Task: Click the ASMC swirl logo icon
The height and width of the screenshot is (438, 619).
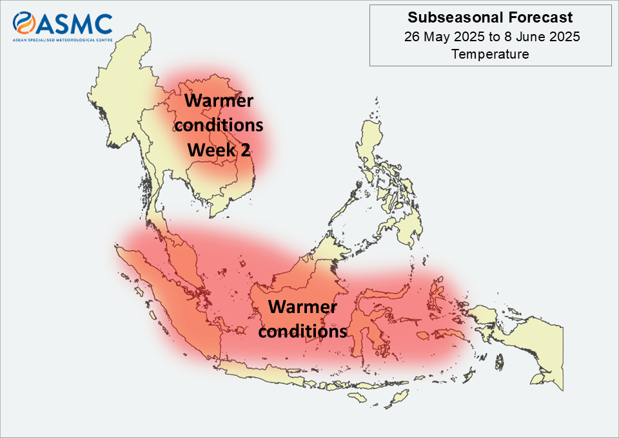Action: [x=24, y=23]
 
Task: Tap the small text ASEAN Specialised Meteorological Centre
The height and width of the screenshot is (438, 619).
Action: [x=63, y=40]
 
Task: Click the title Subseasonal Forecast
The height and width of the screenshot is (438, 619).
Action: [x=490, y=17]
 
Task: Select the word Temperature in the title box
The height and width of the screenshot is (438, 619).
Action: [x=490, y=54]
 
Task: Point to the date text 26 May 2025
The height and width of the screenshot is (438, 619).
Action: [x=444, y=37]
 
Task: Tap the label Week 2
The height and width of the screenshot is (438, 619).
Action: [x=219, y=150]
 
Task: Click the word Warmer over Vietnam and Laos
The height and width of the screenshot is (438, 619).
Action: [x=219, y=100]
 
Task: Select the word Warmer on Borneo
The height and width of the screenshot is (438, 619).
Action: [x=303, y=307]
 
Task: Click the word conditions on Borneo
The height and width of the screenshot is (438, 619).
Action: [x=303, y=331]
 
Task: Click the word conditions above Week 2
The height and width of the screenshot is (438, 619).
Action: [x=219, y=126]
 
